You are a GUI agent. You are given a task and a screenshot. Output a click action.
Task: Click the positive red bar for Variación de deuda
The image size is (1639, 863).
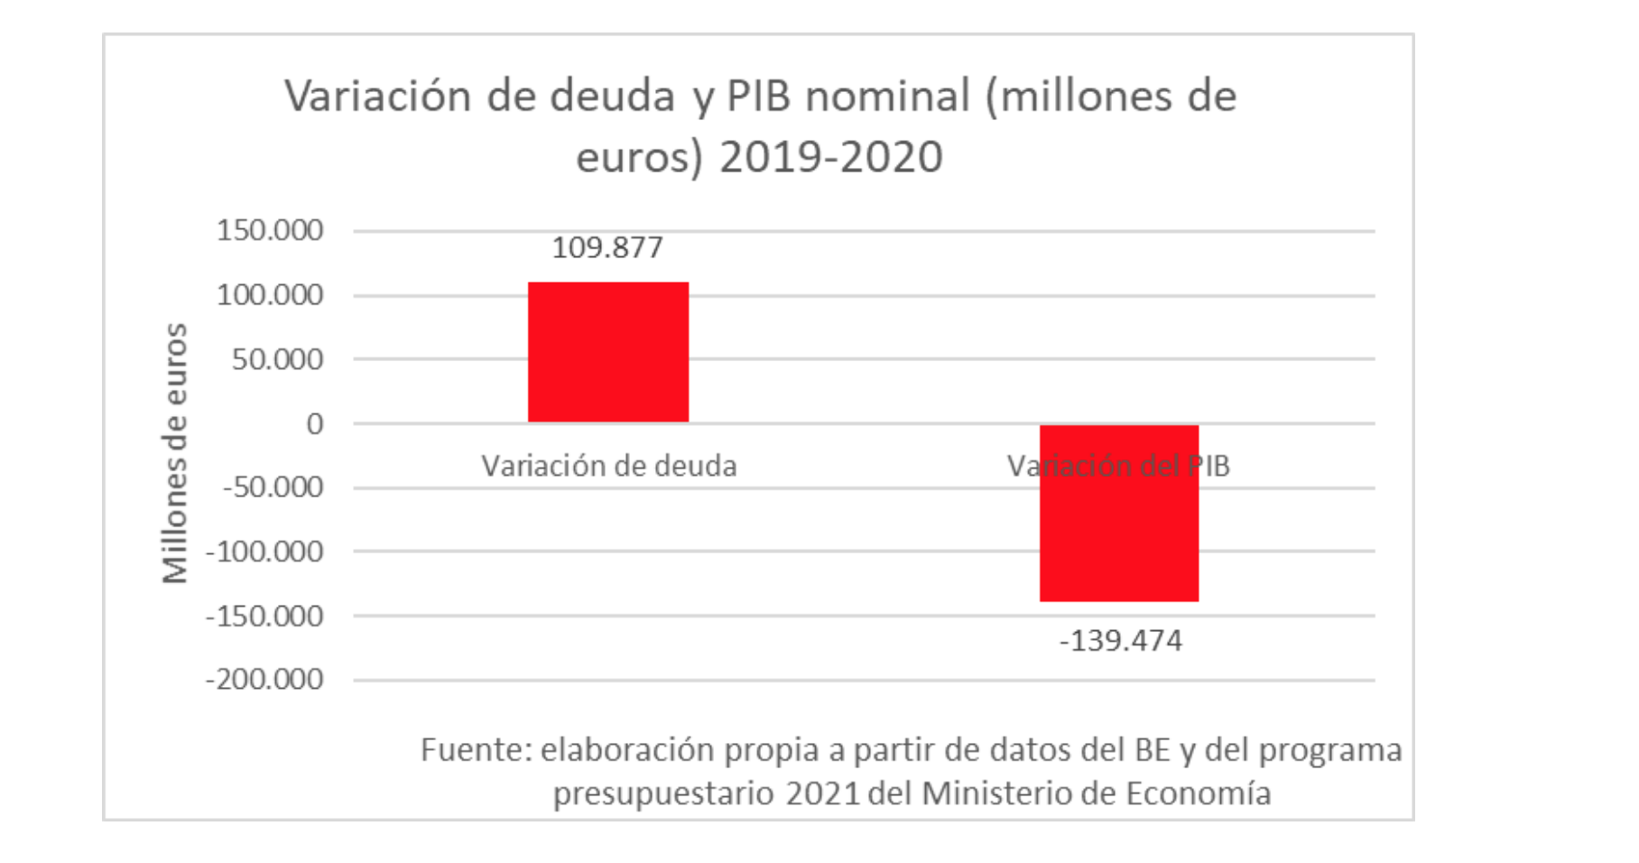(x=608, y=352)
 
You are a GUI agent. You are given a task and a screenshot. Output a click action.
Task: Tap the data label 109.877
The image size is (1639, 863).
(x=607, y=247)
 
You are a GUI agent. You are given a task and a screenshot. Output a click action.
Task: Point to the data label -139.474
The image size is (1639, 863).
(x=1120, y=641)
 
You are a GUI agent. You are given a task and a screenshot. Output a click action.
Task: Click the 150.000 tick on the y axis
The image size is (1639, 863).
(x=270, y=230)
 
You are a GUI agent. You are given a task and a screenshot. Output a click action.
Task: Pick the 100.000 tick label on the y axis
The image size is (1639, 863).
(x=270, y=295)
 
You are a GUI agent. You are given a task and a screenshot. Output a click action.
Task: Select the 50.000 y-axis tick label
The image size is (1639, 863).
(x=277, y=359)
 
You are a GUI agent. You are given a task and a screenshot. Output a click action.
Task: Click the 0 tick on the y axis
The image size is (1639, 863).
(x=314, y=423)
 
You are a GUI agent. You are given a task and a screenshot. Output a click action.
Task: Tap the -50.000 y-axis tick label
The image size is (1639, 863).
(x=273, y=487)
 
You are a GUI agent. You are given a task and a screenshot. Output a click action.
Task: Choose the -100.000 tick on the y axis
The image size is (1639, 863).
(x=265, y=552)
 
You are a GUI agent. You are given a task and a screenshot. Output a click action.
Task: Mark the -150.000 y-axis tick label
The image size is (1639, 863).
(x=265, y=617)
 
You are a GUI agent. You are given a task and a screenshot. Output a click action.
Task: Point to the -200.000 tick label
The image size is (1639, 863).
(x=265, y=680)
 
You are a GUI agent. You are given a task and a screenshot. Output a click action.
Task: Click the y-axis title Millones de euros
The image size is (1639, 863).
(x=174, y=453)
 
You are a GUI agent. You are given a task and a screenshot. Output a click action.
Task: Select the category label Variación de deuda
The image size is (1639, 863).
(x=609, y=466)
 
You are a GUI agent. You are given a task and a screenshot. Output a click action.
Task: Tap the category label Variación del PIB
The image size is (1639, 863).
(x=1119, y=466)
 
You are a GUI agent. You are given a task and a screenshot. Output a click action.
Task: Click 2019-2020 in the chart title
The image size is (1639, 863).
(x=831, y=157)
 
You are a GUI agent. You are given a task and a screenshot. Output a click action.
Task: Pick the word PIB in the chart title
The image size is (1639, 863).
(x=759, y=96)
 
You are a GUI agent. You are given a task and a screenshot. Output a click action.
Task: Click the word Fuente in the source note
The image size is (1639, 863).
(x=476, y=750)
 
